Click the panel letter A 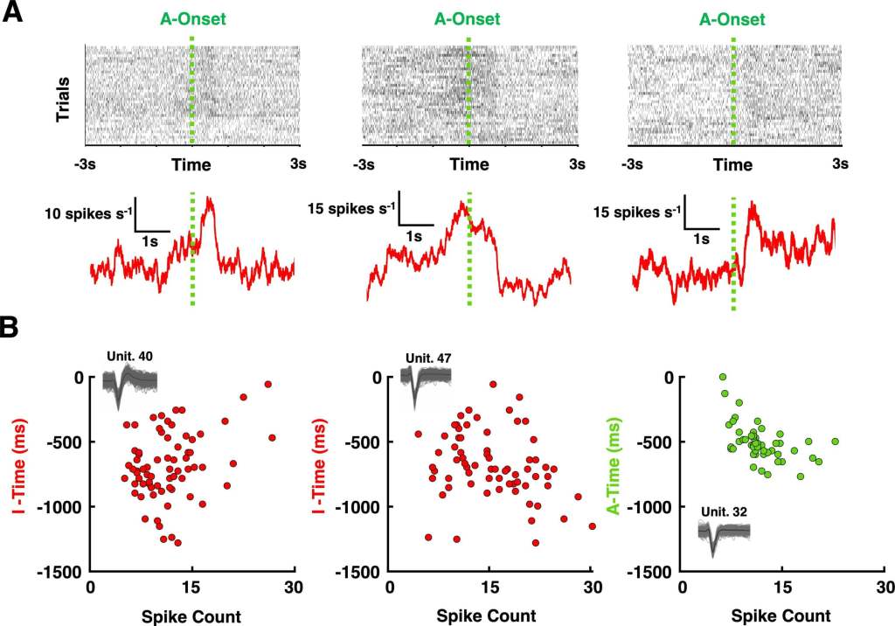tap(15, 15)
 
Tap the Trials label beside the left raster tap(64, 99)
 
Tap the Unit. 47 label tap(428, 358)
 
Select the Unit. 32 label tap(723, 510)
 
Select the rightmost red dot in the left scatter tap(272, 437)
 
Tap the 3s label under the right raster tap(841, 163)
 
